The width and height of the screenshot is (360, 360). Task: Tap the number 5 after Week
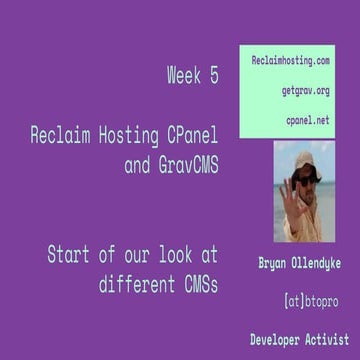[214, 75]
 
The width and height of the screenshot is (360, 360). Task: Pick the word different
[136, 281]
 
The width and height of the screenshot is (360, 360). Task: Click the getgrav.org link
[305, 91]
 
